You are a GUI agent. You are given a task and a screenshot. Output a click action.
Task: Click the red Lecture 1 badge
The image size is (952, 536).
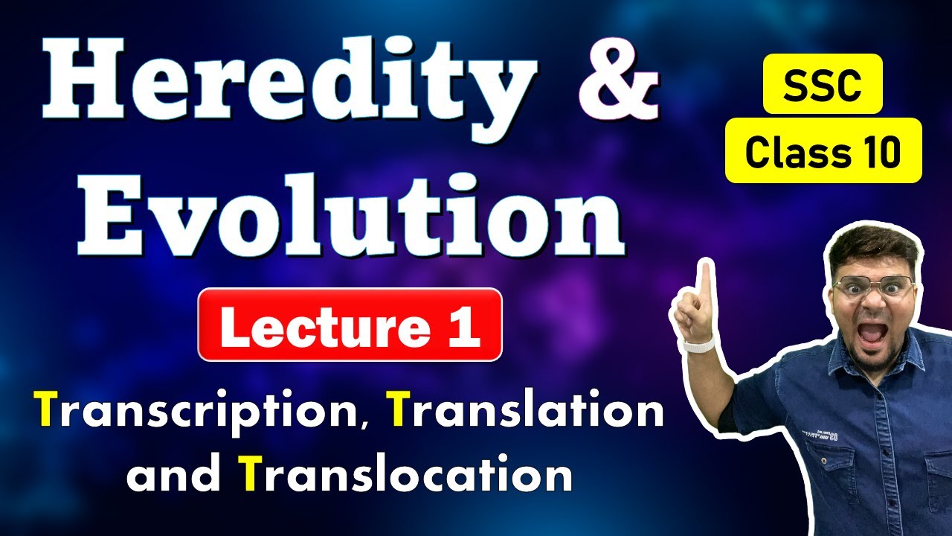[350, 325]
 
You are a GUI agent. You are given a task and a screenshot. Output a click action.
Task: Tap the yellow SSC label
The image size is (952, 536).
[823, 83]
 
